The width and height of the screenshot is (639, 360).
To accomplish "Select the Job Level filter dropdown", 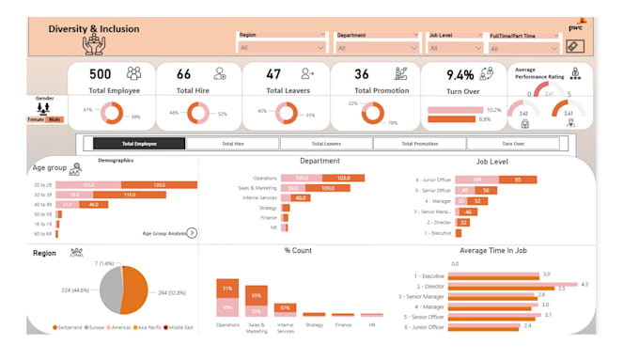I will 456,47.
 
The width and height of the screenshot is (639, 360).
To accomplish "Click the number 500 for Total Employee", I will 101,73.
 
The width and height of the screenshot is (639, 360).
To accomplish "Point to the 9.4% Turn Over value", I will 460,74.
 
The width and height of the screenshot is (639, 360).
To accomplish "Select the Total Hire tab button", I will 232,144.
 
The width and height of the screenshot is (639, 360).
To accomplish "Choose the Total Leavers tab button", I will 326,144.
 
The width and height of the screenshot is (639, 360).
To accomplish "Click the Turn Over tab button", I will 513,144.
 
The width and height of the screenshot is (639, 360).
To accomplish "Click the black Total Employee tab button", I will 139,144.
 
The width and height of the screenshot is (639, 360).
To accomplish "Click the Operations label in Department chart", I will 264,178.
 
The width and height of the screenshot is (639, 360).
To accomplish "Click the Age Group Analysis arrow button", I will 192,232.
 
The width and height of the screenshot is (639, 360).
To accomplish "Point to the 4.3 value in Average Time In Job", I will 584,284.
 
